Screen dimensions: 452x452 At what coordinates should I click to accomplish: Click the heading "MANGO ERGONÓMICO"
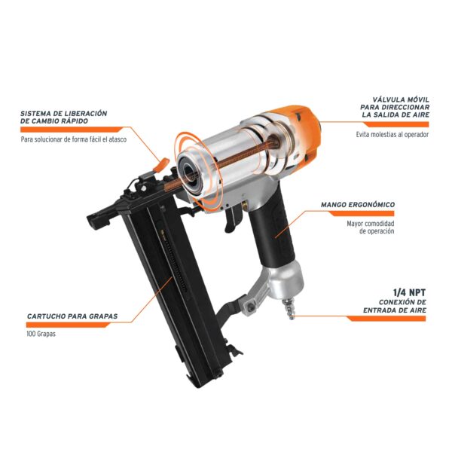(358, 205)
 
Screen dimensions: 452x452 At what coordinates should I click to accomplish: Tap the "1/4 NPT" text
(409, 292)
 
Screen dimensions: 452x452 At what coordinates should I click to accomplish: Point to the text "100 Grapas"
(41, 334)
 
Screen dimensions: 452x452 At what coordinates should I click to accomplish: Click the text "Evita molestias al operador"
(392, 134)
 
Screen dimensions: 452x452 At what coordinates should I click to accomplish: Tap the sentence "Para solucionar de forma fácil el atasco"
(74, 139)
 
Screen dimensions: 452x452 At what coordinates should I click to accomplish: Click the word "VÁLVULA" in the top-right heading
(386, 99)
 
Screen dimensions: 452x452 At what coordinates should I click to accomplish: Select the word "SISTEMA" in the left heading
(33, 113)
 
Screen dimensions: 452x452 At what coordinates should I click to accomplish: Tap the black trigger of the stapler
(231, 220)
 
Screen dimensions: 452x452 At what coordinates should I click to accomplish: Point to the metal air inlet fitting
(288, 309)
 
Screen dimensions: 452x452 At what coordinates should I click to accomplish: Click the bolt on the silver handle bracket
(249, 307)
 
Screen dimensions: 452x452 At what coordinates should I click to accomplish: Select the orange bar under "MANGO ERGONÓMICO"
(362, 213)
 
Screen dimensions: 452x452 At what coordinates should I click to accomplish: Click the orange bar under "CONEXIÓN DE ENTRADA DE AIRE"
(386, 319)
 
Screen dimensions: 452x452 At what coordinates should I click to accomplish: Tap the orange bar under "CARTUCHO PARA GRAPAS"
(69, 325)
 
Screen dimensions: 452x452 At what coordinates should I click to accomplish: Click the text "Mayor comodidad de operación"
(371, 228)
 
